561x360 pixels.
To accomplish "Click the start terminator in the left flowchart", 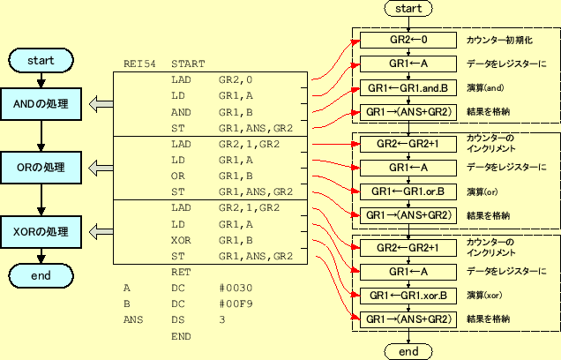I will [41, 61].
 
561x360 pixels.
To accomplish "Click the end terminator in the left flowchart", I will [41, 276].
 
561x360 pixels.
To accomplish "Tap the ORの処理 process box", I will [41, 168].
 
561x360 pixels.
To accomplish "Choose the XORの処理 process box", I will [41, 232].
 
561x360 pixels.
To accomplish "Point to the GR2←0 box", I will [408, 41].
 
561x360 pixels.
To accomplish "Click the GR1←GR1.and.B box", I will [408, 88].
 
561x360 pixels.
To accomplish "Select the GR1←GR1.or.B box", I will [408, 191].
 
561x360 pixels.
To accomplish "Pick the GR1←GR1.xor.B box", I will [408, 295].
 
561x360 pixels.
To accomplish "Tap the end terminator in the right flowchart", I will [408, 351].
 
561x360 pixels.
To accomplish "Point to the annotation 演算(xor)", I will [486, 295].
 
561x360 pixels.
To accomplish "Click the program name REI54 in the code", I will [138, 64].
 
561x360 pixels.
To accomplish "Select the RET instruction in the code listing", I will [180, 272].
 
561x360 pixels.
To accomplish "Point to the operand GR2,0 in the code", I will [235, 79].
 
